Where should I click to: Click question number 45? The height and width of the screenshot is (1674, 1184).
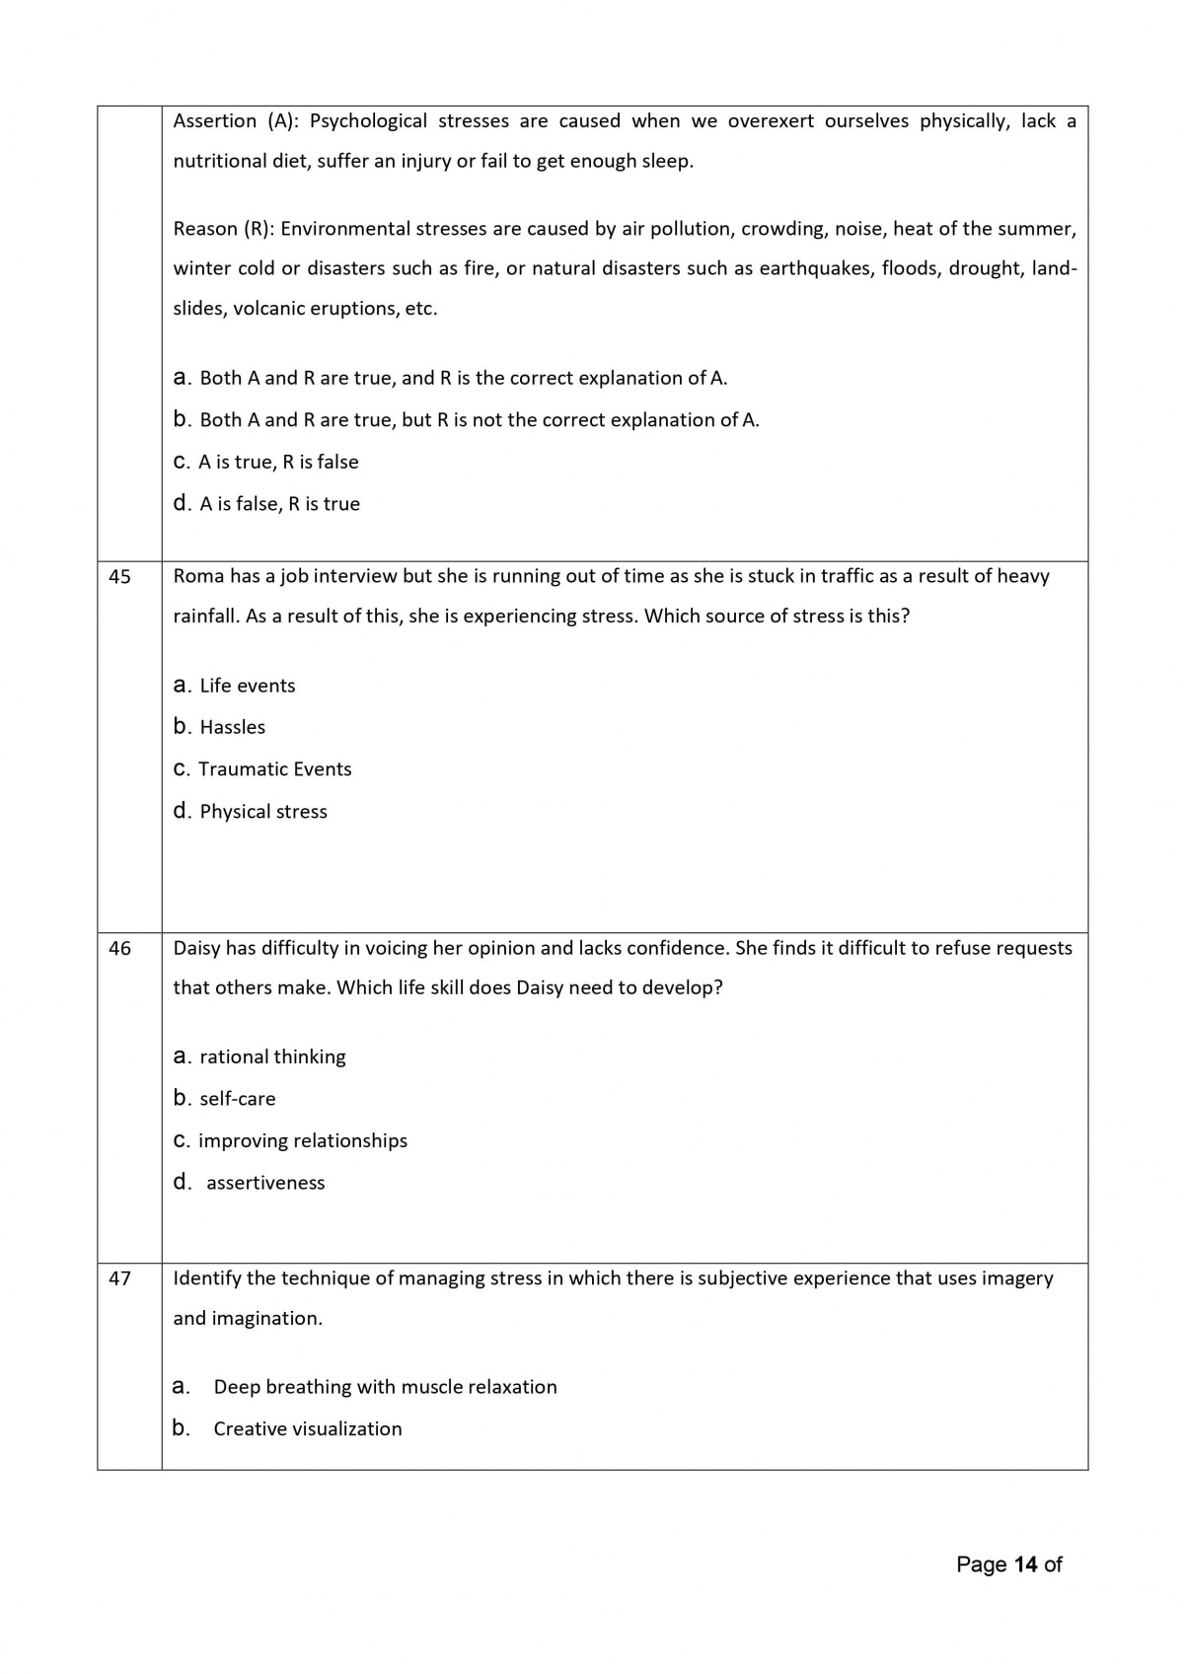coord(119,577)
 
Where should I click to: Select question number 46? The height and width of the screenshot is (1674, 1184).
coord(119,949)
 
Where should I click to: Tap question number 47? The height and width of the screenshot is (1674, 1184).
coord(119,1279)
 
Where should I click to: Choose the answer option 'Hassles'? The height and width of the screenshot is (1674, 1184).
coord(232,728)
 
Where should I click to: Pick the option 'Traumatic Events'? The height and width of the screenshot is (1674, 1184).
coord(274,769)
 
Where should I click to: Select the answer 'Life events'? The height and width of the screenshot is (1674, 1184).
coord(247,687)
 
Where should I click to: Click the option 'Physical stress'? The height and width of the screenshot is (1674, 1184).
coord(262,812)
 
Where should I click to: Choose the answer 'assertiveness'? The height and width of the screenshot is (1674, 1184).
coord(264,1183)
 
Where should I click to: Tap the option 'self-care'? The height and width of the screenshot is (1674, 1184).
coord(237,1099)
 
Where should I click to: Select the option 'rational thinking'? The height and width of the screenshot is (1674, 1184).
coord(272,1057)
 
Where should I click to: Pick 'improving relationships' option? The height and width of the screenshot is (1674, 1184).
coord(302,1141)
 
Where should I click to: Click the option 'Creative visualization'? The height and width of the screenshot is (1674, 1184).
coord(307,1429)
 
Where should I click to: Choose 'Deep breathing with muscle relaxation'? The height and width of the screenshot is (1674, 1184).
coord(385,1387)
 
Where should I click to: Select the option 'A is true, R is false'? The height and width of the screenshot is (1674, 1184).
coord(278,463)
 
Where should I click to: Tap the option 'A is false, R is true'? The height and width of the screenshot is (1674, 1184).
coord(279,504)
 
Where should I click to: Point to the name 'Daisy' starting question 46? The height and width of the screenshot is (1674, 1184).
coord(196,948)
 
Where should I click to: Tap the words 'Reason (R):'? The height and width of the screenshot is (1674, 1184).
coord(224,229)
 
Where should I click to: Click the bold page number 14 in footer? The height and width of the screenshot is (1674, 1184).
coord(1025,1565)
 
